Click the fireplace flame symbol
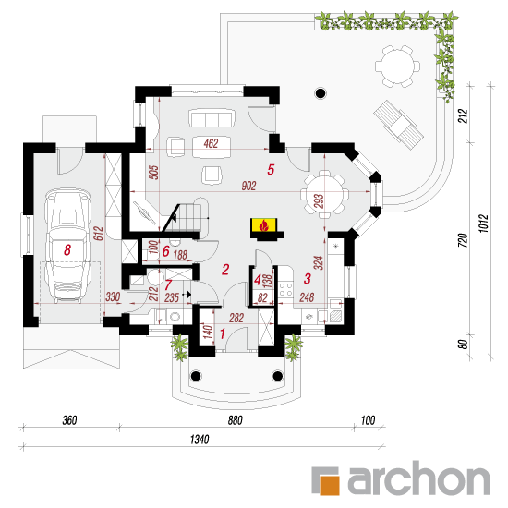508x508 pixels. tap(264, 225)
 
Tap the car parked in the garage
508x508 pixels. tap(67, 246)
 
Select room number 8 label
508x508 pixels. tap(67, 249)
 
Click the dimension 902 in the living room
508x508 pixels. tap(248, 186)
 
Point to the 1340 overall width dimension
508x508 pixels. tap(200, 440)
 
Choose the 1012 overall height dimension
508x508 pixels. tap(483, 224)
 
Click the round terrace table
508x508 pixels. tap(397, 67)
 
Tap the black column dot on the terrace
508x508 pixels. tap(321, 93)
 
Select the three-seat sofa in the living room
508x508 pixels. tap(212, 118)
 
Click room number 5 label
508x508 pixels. tap(271, 169)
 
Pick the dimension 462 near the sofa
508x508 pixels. tap(212, 143)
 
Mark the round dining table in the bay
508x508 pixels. tap(325, 194)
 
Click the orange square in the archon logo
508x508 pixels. tap(330, 485)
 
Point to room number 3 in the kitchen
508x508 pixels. tap(308, 279)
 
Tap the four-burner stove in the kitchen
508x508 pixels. tap(285, 290)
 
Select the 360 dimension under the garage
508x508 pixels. tap(69, 420)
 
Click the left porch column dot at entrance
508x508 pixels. tap(196, 376)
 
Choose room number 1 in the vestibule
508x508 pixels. tap(223, 333)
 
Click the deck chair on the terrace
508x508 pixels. tap(398, 125)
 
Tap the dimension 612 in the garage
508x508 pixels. tap(98, 234)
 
